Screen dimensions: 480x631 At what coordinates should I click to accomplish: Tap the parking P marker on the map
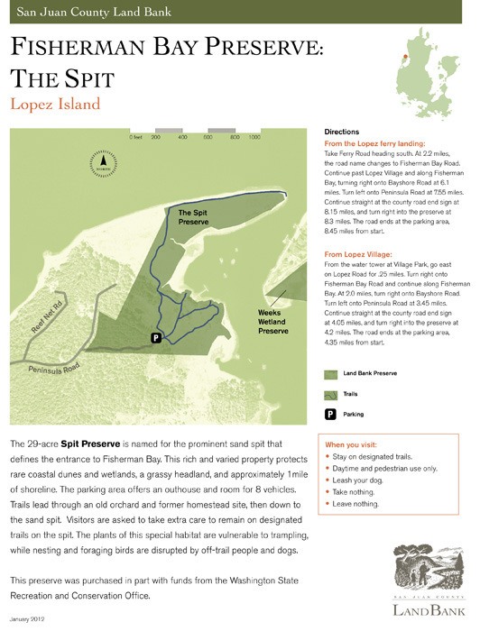coord(156,337)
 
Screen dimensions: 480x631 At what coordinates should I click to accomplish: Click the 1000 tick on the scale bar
coord(254,138)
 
